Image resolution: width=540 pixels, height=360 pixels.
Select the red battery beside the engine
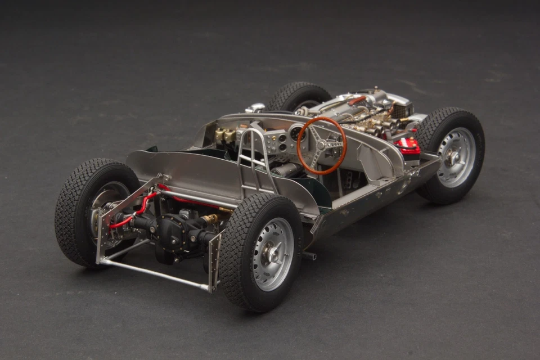(x=407, y=147)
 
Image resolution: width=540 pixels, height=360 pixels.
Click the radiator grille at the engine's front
(x=402, y=110)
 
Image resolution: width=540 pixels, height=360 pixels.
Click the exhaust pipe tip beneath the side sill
(x=308, y=256)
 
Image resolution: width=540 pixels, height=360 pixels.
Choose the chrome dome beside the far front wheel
(x=256, y=107)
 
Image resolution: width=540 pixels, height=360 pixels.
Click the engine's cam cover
(x=337, y=105)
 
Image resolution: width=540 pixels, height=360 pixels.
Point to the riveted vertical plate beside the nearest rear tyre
(x=214, y=262)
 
